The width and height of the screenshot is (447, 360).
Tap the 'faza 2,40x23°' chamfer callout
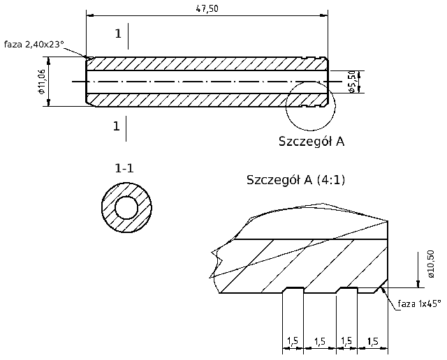pyautogui.click(x=34, y=43)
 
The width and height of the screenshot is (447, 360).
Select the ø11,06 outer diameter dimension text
pyautogui.click(x=42, y=82)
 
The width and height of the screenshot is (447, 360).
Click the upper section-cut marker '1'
pyautogui.click(x=118, y=33)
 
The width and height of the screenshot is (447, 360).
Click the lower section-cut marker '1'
pyautogui.click(x=116, y=126)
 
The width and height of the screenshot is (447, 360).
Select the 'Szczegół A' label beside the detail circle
pyautogui.click(x=312, y=141)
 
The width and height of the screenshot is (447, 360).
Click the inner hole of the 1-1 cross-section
pyautogui.click(x=126, y=208)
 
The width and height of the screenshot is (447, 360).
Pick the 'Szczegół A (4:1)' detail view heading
pyautogui.click(x=296, y=179)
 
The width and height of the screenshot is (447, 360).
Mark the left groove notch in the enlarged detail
pyautogui.click(x=292, y=289)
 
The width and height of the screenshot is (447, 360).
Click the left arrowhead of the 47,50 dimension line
pyautogui.click(x=89, y=13)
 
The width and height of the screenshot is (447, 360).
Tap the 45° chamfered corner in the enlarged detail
pyautogui.click(x=381, y=286)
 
